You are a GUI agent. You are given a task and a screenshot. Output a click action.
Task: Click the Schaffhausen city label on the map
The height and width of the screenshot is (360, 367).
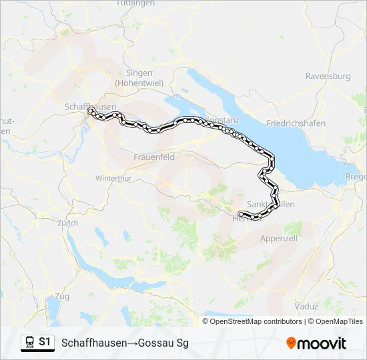[91, 107]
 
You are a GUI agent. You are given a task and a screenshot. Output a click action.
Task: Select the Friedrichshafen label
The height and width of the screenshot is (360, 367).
[296, 123]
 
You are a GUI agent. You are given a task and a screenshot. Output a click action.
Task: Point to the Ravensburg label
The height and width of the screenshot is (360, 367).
[328, 76]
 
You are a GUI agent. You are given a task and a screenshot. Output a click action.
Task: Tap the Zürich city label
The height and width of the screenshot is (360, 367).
[67, 223]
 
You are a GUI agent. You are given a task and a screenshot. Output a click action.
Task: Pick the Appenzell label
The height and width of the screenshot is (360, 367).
[278, 238]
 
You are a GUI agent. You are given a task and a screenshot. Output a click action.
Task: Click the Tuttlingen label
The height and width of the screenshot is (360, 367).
[135, 3]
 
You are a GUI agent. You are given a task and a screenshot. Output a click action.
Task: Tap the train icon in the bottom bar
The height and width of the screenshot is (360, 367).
[30, 342]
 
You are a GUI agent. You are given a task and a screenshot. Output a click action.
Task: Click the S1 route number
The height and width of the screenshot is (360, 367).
[45, 342]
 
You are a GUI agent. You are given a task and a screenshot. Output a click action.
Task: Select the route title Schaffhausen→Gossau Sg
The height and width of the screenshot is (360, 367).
[125, 343]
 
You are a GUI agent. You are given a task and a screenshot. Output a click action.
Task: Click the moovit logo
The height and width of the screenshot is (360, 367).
[316, 343]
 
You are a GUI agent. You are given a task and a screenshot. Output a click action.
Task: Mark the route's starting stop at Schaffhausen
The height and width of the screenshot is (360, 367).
[90, 111]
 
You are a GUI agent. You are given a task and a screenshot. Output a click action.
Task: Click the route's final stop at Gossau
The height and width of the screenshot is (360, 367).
[240, 213]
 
